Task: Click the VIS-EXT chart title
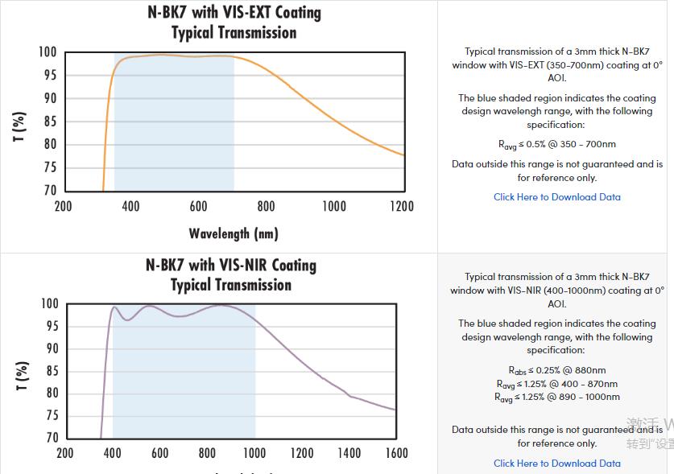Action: tap(234, 23)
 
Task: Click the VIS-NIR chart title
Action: tap(231, 274)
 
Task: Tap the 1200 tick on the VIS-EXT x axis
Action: tap(401, 207)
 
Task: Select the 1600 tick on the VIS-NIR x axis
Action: tap(396, 453)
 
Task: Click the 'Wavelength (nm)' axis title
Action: tap(234, 234)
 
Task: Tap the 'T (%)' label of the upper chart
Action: tap(20, 127)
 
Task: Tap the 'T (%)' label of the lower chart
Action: tap(22, 377)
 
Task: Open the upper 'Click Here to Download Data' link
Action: tap(557, 197)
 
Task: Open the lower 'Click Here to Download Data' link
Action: tap(557, 464)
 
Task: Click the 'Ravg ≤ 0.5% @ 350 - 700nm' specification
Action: tap(557, 145)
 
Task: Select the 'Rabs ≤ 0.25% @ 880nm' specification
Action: tap(557, 371)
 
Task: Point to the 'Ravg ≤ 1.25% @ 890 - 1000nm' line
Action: tap(557, 397)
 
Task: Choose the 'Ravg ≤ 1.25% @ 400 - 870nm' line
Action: tap(557, 384)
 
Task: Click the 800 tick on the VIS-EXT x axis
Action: tap(266, 207)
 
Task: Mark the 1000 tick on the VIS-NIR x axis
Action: tap(254, 453)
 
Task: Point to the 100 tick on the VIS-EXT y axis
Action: tap(48, 52)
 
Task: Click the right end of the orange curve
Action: tap(403, 155)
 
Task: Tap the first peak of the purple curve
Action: tap(114, 307)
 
